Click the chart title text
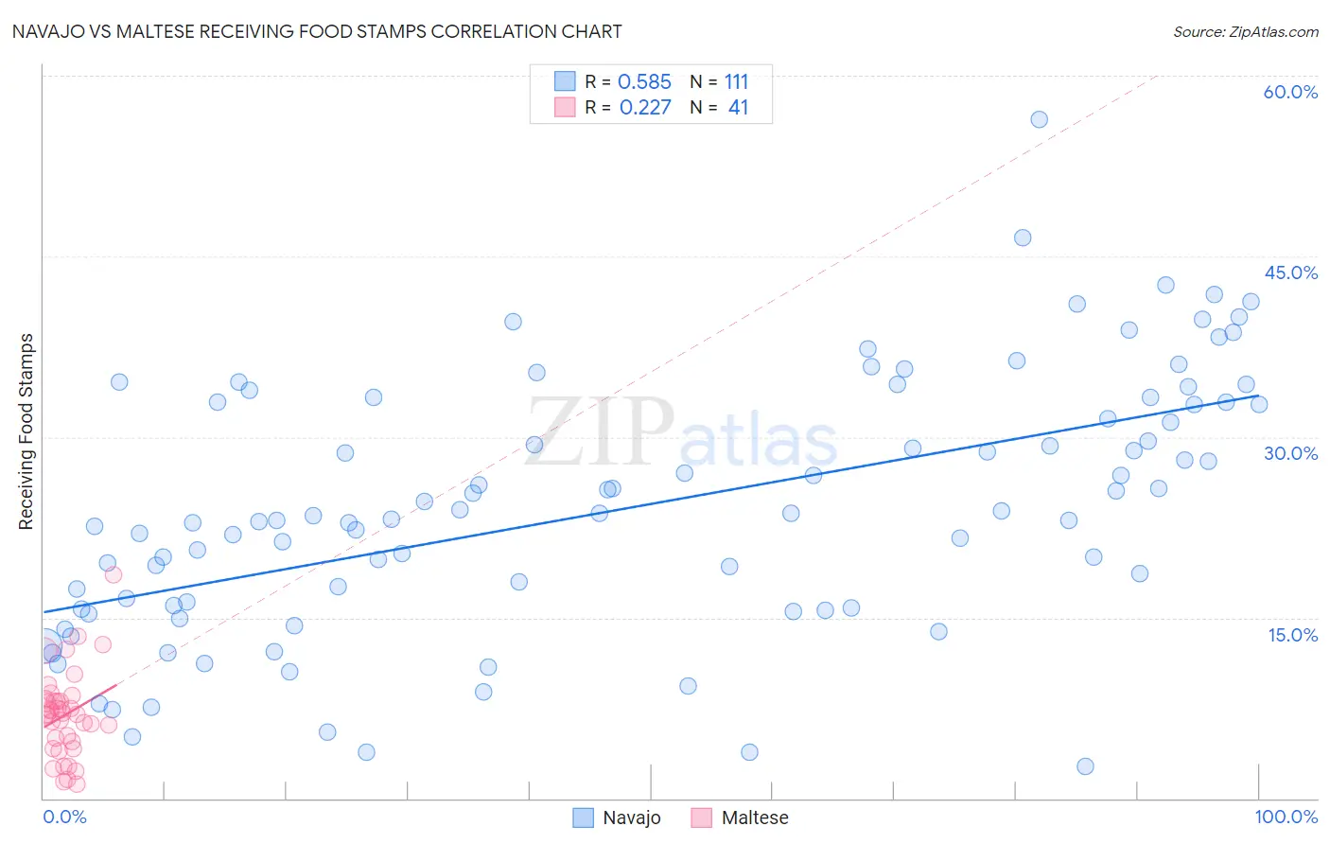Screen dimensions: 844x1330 (317, 31)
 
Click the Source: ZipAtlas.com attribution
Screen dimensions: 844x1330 (1245, 31)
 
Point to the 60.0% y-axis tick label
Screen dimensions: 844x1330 (1290, 92)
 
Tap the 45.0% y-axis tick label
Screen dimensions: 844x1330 (1290, 273)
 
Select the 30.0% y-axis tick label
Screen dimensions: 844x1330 (1290, 453)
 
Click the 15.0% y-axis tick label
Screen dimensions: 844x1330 (1292, 635)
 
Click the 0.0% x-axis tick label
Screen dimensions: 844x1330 (64, 817)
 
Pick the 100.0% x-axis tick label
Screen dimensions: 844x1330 (1286, 817)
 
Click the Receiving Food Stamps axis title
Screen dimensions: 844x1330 (26, 431)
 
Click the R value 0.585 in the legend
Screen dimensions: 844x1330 (644, 82)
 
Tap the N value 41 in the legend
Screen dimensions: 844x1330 (738, 108)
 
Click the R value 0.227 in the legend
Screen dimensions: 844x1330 (645, 108)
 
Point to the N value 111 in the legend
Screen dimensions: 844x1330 (736, 82)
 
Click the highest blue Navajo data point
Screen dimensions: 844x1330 (1039, 119)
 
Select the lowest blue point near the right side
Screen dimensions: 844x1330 (1085, 766)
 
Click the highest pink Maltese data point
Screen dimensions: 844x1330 (114, 574)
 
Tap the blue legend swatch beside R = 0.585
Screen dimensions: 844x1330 (565, 81)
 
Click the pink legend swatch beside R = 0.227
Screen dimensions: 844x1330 (565, 107)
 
